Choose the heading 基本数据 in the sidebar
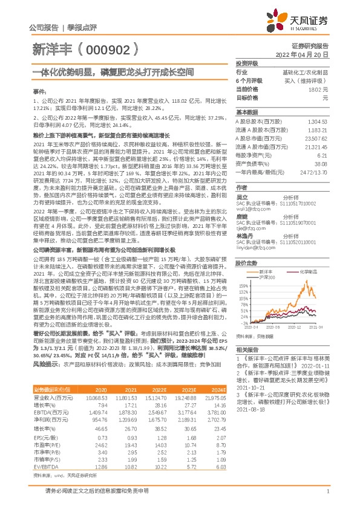click(x=246, y=112)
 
